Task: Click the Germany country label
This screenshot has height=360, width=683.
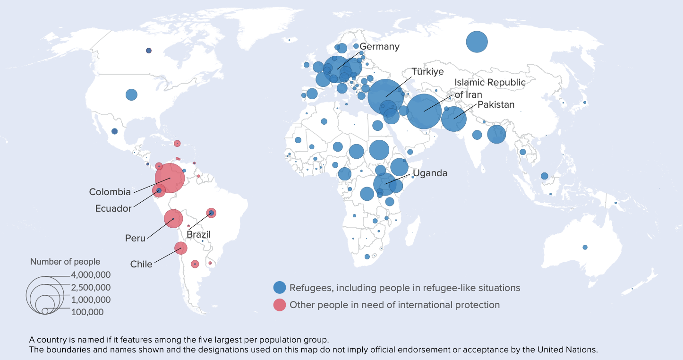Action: [379, 47]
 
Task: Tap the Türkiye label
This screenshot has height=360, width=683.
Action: [427, 72]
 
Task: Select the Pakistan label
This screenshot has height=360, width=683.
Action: [495, 104]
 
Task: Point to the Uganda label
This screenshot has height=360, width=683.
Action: [430, 173]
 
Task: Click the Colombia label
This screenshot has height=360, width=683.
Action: [110, 192]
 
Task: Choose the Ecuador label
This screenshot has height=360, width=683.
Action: [113, 208]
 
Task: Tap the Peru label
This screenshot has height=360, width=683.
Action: [135, 238]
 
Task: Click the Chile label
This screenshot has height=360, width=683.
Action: [141, 264]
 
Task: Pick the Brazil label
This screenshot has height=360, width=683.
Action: [198, 234]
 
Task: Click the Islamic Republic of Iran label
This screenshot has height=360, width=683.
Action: [490, 88]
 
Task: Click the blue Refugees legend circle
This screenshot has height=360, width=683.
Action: [280, 288]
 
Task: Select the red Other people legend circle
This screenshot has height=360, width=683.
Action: [280, 305]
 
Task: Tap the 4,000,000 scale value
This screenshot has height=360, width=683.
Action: [91, 275]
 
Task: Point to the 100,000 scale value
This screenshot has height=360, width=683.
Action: [87, 312]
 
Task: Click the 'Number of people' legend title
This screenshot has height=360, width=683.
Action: [65, 262]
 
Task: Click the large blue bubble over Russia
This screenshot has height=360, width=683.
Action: [477, 42]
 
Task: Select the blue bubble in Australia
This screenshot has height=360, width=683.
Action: [585, 247]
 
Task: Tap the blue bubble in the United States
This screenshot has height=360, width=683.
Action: [131, 94]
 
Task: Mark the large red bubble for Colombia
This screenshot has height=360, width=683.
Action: [170, 178]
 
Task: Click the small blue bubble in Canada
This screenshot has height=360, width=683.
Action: [148, 51]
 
